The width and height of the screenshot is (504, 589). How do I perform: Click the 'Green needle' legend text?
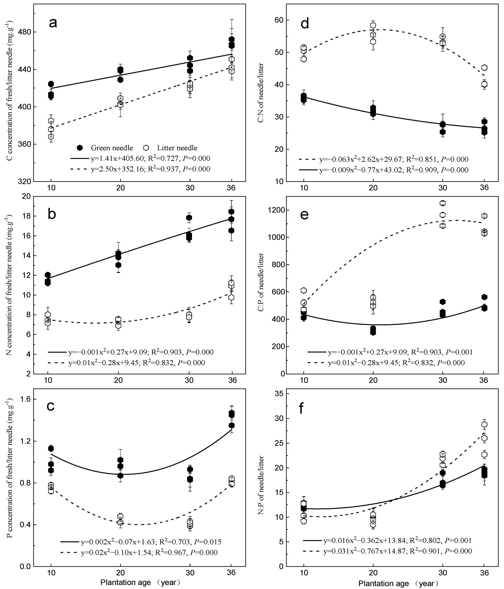[x=112, y=148]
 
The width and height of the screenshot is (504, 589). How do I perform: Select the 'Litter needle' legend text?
[x=177, y=148]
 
